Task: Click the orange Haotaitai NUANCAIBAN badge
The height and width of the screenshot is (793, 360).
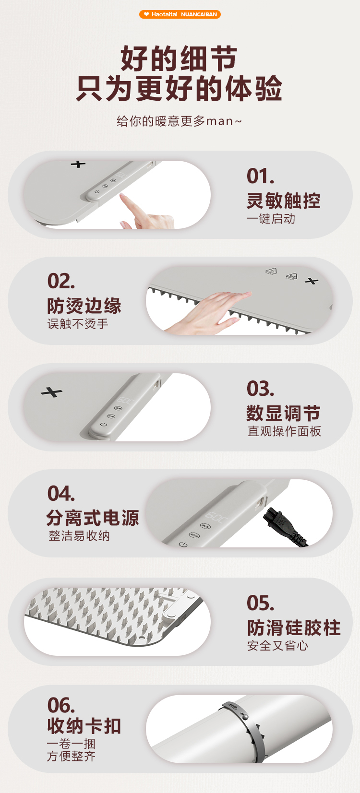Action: (180, 14)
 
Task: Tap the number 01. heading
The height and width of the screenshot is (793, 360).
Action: (260, 176)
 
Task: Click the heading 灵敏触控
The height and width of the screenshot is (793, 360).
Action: (283, 201)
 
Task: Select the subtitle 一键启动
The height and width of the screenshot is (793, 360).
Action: (271, 219)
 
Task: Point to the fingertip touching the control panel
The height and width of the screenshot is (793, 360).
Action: (123, 196)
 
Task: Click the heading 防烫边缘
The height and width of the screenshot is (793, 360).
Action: (84, 306)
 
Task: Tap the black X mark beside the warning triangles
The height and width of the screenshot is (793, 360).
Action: (311, 281)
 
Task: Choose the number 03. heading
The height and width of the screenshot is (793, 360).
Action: (260, 389)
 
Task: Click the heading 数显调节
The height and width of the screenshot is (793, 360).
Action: (283, 413)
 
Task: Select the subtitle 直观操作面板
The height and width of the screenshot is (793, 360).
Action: (284, 431)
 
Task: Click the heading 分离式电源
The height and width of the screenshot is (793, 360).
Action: (93, 518)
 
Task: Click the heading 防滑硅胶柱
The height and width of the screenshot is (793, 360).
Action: (294, 627)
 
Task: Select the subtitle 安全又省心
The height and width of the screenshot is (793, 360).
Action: (277, 646)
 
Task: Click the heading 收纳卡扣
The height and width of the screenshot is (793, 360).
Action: (84, 726)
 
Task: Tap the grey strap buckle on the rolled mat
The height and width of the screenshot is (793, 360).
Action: (235, 709)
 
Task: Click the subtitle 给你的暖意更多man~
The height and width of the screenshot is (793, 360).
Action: (179, 121)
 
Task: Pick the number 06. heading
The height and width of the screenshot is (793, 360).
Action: (61, 705)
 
